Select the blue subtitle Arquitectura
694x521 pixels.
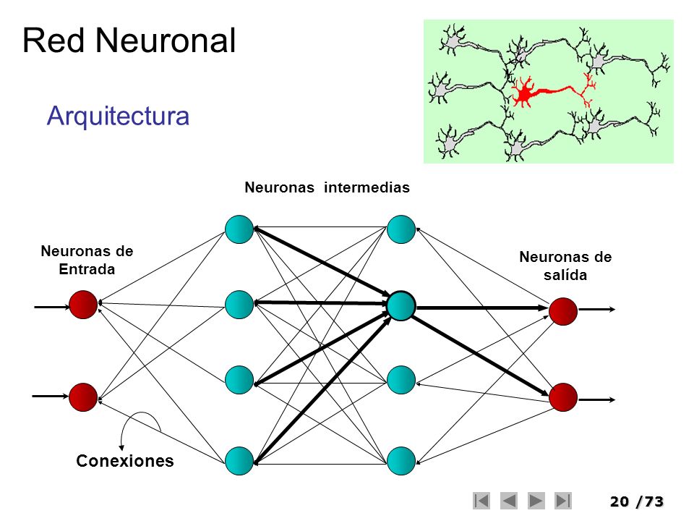click(x=118, y=116)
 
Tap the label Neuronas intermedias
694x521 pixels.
click(x=327, y=188)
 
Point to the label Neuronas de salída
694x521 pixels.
click(x=565, y=266)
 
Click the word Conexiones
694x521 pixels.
click(x=125, y=462)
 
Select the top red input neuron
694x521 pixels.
click(x=83, y=305)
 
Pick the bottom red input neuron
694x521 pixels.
click(x=83, y=397)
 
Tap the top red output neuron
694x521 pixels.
click(x=563, y=310)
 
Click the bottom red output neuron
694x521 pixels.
click(x=563, y=397)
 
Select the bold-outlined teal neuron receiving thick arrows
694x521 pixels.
click(x=400, y=305)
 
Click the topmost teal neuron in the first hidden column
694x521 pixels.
click(x=239, y=229)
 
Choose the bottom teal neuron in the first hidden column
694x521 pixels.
click(x=239, y=460)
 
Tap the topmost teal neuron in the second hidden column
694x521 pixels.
click(x=400, y=229)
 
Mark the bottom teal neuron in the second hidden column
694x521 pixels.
click(x=400, y=460)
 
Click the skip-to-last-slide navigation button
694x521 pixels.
click(x=563, y=500)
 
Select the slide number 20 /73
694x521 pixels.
click(x=636, y=501)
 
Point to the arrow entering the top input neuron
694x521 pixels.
click(x=51, y=307)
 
